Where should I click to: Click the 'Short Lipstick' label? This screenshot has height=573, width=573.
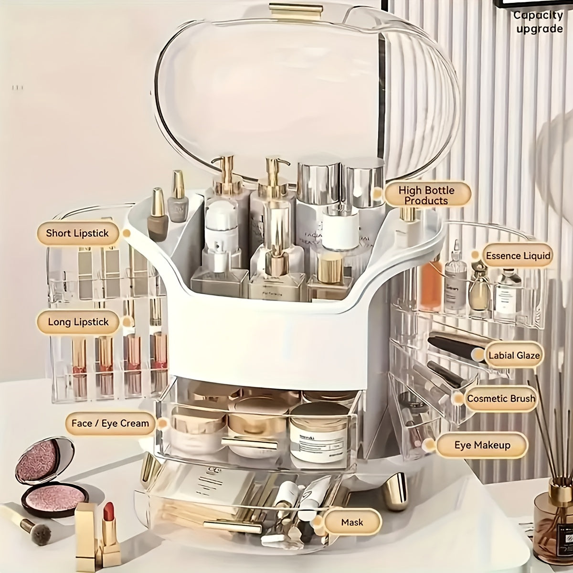click(77, 233)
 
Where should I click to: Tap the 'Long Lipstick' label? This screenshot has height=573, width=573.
click(78, 322)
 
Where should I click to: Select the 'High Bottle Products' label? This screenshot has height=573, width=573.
click(426, 195)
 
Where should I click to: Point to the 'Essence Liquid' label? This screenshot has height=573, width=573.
click(518, 256)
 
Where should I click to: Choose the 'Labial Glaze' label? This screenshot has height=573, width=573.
click(514, 355)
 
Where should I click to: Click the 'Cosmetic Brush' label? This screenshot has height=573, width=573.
click(500, 399)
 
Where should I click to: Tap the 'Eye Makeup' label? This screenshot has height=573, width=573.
click(482, 446)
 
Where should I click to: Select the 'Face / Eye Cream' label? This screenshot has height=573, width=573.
click(110, 424)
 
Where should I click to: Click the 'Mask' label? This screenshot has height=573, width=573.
click(352, 522)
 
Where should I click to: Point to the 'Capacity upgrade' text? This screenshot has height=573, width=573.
click(538, 22)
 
